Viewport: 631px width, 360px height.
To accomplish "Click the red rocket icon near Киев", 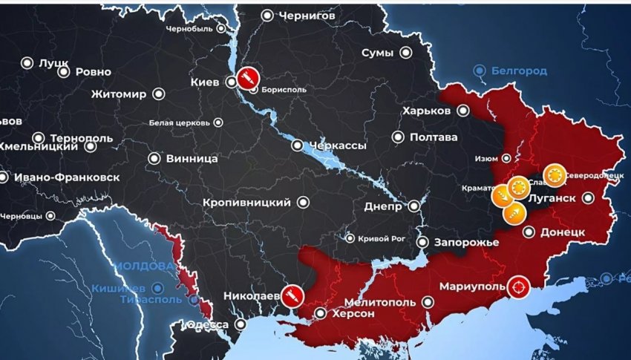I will tap(246, 77).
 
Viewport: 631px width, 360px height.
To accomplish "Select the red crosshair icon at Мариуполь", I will tap(518, 286).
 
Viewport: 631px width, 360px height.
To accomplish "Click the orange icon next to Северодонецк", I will tap(553, 175).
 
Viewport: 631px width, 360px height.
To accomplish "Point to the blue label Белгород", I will tap(519, 71).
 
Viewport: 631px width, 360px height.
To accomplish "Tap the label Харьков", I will tap(425, 111).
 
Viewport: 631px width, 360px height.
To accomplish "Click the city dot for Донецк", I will tap(529, 232).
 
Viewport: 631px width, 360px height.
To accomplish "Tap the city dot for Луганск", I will tap(588, 198).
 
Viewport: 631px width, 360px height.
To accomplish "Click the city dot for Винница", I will tap(154, 158).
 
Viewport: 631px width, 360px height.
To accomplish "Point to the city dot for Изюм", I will tap(507, 158).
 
